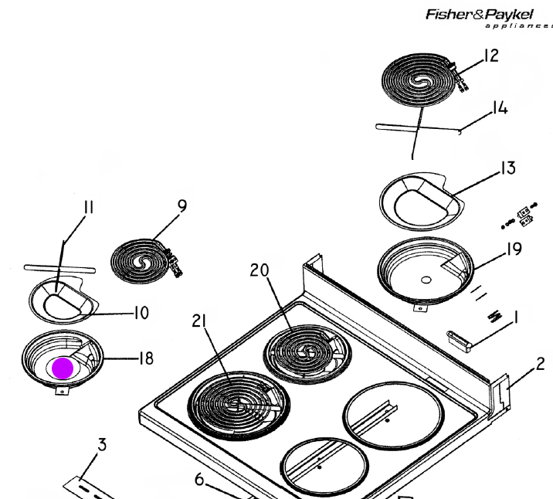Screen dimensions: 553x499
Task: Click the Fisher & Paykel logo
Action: [x=489, y=19]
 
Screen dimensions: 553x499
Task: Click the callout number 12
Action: [x=491, y=56]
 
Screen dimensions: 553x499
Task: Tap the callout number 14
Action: [x=500, y=108]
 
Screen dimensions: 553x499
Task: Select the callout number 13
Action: [x=508, y=168]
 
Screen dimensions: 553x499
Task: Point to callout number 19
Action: [x=514, y=249]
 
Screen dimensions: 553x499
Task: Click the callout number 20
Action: [x=260, y=270]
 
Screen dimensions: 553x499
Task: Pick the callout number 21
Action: [x=199, y=321]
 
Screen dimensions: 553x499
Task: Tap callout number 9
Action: [x=182, y=206]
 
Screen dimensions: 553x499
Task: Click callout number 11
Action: [x=89, y=208]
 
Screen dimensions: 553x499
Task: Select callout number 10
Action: [x=141, y=313]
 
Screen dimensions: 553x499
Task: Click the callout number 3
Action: [x=102, y=445]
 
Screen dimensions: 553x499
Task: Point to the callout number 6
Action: [x=199, y=480]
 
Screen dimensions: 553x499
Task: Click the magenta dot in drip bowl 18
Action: [x=63, y=368]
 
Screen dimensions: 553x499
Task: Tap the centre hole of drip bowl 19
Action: [x=426, y=280]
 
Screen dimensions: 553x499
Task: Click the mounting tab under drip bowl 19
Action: [x=419, y=308]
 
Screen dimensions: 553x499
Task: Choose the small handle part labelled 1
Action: [x=460, y=341]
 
